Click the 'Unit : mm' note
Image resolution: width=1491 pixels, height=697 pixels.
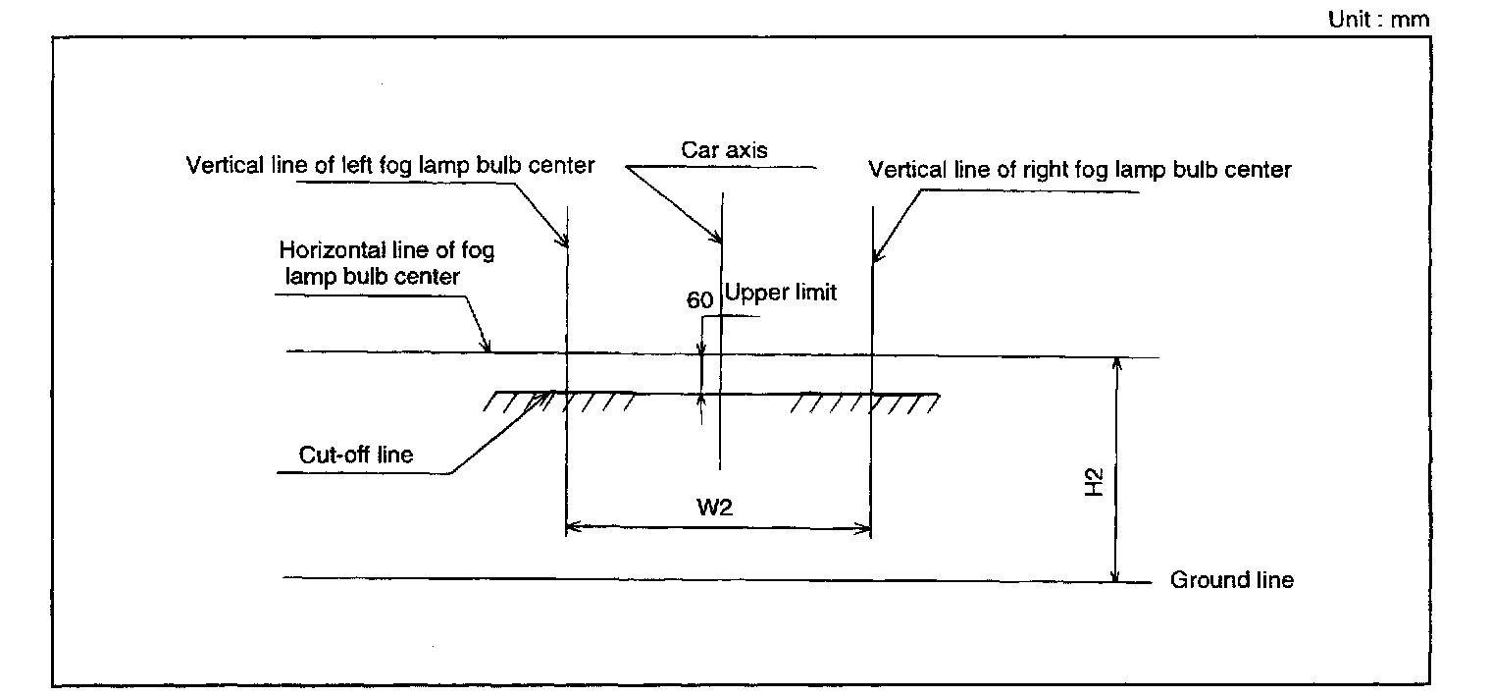1378,19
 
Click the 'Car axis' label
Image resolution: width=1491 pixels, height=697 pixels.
724,150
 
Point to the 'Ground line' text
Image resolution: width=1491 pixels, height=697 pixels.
1231,580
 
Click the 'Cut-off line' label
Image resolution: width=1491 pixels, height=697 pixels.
357,455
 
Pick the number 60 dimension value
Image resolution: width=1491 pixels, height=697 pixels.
698,300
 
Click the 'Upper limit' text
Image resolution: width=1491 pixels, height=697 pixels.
781,293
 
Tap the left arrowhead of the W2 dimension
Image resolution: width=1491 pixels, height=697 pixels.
573,528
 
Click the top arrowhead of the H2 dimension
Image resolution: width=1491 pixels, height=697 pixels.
1114,362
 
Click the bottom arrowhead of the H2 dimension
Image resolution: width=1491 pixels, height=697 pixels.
1114,575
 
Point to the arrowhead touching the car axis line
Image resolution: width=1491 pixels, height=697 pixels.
717,239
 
